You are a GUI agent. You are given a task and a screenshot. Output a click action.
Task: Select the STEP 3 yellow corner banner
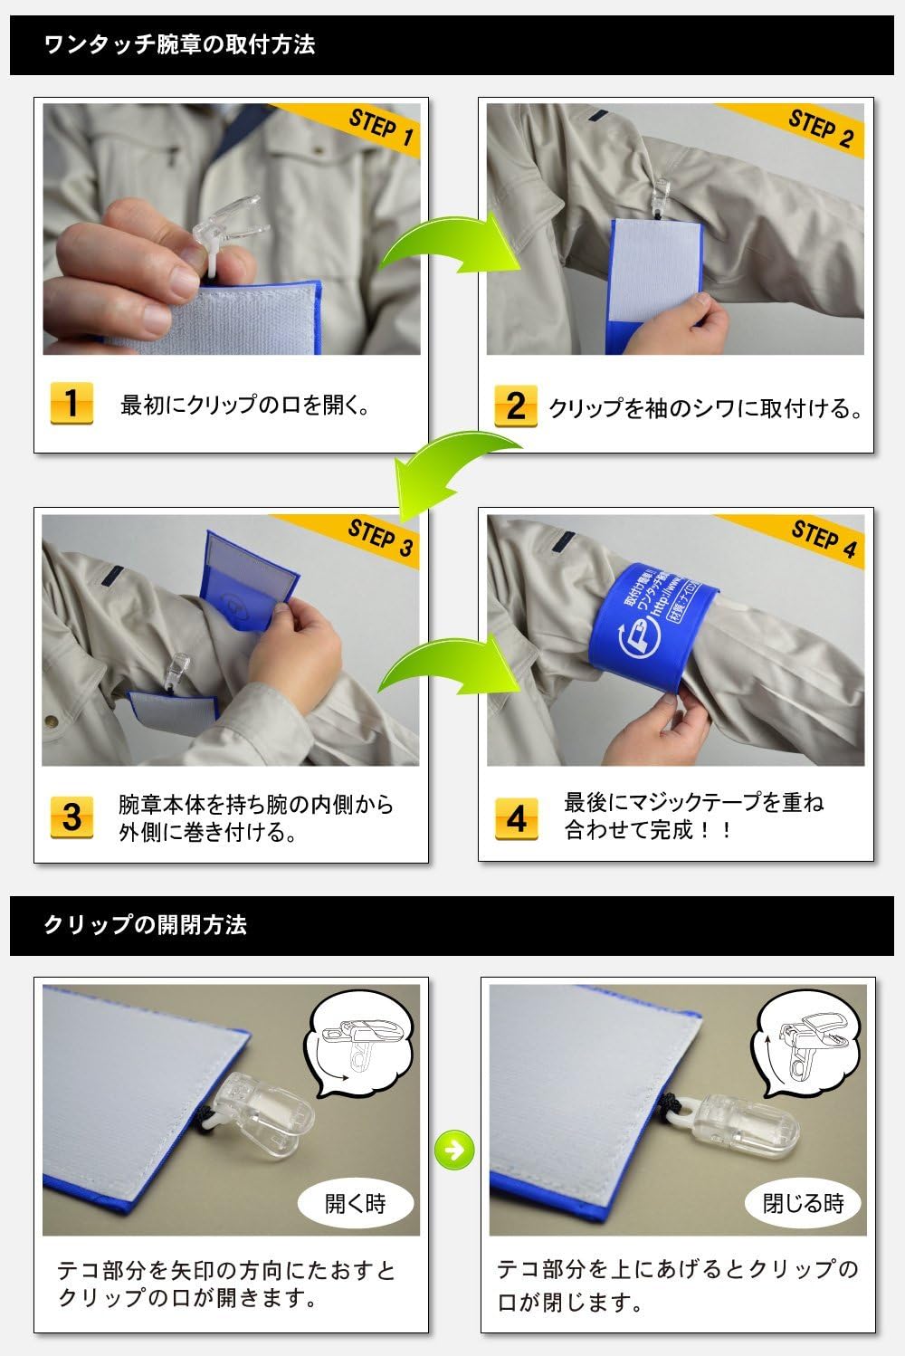376,536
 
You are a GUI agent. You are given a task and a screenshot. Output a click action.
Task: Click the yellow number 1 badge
71,404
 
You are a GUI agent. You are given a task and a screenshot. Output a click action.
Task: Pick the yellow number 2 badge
515,406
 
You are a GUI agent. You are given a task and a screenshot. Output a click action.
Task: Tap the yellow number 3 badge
71,816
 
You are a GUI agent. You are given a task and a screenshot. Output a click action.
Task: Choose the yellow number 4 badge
516,817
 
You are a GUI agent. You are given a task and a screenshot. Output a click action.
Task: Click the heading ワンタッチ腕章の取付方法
179,44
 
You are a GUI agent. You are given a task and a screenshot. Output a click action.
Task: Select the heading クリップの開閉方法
145,925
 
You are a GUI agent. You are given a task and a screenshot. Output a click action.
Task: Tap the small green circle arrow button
454,1150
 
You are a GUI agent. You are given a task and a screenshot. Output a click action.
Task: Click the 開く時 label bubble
356,1203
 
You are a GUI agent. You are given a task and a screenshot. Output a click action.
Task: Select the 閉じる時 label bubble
803,1203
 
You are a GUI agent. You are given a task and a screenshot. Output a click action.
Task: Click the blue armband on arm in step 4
652,625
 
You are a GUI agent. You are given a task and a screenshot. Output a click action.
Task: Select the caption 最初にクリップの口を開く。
245,405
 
